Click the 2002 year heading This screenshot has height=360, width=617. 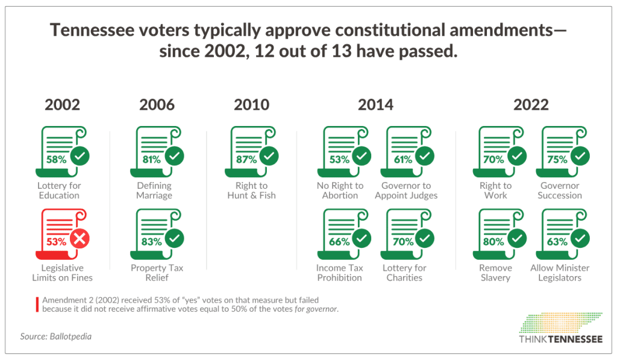pyautogui.click(x=62, y=104)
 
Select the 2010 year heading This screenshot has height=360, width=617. pyautogui.click(x=251, y=104)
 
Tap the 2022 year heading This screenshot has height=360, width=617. pyautogui.click(x=531, y=104)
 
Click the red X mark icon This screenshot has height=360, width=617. pyautogui.click(x=80, y=239)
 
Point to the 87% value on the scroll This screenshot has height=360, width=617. pyautogui.click(x=246, y=160)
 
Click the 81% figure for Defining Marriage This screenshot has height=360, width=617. pyautogui.click(x=151, y=160)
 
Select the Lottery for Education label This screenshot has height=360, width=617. pyautogui.click(x=59, y=191)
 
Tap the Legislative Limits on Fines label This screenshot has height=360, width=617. pyautogui.click(x=62, y=273)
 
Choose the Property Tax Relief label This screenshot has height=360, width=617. pyautogui.click(x=157, y=273)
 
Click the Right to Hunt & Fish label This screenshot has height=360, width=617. pyautogui.click(x=251, y=191)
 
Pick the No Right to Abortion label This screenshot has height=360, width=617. pyautogui.click(x=340, y=191)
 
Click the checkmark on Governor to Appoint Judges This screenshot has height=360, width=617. pyautogui.click(x=425, y=157)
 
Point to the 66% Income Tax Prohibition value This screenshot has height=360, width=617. pyautogui.click(x=340, y=242)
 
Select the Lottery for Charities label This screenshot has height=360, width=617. pyautogui.click(x=404, y=273)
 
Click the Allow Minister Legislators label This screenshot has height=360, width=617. pyautogui.click(x=560, y=273)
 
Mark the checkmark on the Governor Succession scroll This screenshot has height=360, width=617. pyautogui.click(x=580, y=157)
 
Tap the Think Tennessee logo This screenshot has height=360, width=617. pyautogui.click(x=560, y=329)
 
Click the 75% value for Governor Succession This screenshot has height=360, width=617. pyautogui.click(x=557, y=160)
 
